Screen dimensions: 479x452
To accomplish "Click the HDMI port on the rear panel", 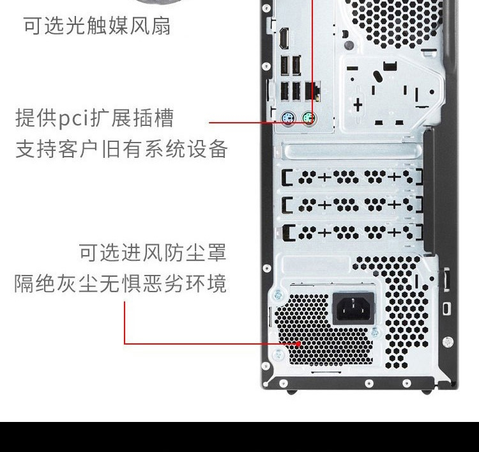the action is tap(284, 38).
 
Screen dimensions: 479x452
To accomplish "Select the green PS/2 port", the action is tap(309, 118).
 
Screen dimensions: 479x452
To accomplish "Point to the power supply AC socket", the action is tap(353, 308).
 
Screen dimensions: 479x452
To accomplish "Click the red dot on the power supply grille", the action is tap(298, 344).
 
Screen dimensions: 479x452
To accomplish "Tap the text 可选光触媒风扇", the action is tap(97, 26).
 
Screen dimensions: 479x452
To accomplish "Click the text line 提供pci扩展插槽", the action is tap(95, 118).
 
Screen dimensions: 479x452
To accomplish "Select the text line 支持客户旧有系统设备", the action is tap(121, 149).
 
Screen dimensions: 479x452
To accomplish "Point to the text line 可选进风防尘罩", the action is tap(153, 253).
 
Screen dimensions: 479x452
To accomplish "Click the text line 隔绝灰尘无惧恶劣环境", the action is tap(120, 283).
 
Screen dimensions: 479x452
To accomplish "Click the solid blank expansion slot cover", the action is tap(352, 151).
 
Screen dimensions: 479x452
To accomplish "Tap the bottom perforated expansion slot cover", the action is tap(352, 232).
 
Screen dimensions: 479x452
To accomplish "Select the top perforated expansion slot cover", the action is tap(352, 177).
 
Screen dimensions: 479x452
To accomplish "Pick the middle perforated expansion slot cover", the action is tap(352, 205).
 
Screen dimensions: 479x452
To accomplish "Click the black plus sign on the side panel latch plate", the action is tap(358, 105).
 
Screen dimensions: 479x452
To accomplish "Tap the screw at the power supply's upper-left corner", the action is tap(278, 295).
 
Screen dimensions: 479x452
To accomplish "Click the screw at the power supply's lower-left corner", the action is tap(278, 355).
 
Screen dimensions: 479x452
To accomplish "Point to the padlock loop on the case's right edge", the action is tap(446, 308).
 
